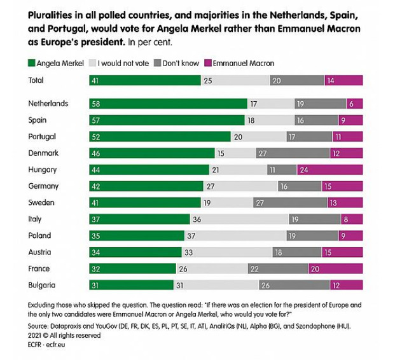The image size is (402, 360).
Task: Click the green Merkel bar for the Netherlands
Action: point(168,104)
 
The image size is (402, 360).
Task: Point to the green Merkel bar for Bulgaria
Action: point(131,286)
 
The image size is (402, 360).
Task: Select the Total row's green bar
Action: point(144,80)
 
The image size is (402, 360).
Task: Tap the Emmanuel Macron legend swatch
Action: point(210,63)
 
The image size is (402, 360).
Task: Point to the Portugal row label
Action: point(42,137)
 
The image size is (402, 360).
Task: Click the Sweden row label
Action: point(41,203)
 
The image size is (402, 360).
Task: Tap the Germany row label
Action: point(43,186)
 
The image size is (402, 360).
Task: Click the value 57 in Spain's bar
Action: point(95,120)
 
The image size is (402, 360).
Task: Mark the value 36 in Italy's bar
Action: point(197,219)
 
